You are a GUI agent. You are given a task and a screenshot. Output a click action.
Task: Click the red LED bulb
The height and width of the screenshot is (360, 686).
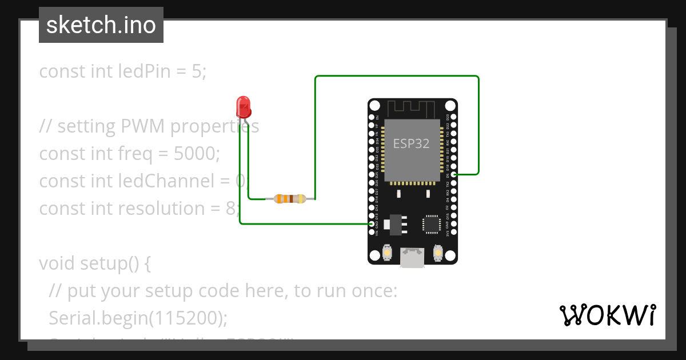click(243, 107)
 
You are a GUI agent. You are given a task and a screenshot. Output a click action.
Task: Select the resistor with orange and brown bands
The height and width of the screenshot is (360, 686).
click(290, 199)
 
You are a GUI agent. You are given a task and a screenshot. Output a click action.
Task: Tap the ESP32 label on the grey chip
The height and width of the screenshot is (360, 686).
click(411, 143)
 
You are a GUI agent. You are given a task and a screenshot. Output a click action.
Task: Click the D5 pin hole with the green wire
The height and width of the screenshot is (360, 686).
click(453, 174)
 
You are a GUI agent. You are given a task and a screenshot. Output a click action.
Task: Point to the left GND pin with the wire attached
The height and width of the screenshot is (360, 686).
click(372, 224)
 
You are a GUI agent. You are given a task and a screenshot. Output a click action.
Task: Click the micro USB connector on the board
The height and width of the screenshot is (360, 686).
click(412, 257)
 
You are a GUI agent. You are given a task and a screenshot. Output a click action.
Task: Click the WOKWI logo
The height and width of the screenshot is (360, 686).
click(607, 315)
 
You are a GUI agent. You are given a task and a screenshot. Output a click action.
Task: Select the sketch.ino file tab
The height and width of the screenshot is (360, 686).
click(101, 25)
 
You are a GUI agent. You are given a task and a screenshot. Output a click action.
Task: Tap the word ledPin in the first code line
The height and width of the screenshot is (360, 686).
click(144, 71)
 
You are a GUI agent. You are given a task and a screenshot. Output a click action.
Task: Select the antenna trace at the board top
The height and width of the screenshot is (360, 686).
click(412, 107)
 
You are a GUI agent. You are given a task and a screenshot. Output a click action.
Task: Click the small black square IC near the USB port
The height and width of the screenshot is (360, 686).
click(430, 224)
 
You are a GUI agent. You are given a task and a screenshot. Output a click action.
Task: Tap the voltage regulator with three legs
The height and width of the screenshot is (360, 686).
click(394, 224)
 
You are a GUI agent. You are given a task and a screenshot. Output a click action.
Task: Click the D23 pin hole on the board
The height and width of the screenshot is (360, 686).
click(453, 117)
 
